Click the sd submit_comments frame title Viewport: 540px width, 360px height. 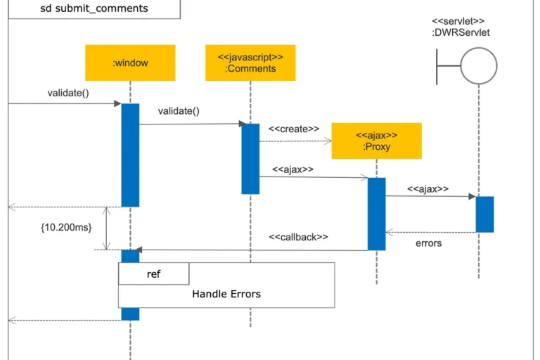pos(94,8)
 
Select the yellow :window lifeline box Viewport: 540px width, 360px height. pos(130,63)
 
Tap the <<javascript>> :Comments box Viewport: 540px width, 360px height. pos(250,63)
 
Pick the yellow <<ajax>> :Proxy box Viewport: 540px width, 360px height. pos(376,141)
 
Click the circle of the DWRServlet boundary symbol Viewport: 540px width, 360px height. pos(479,48)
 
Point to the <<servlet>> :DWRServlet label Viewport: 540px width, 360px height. pos(461,27)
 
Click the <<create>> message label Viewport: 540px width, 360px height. pos(294,129)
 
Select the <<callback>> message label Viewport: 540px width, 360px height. pos(298,237)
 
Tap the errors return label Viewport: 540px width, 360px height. pos(428,243)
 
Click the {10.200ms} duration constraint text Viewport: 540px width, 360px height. pos(66,227)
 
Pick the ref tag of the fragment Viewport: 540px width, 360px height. pos(153,274)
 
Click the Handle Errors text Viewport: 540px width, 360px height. pos(226,294)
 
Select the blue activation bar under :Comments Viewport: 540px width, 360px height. pos(250,159)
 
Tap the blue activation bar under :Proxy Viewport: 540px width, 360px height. pos(376,214)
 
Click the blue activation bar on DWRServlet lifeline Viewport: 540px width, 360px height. pos(485,214)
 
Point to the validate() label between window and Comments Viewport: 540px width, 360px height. pos(179,111)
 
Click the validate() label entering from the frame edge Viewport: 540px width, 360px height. pos(68,93)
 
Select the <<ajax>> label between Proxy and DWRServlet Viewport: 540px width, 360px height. pos(427,188)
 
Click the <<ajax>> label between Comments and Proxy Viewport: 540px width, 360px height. pos(292,169)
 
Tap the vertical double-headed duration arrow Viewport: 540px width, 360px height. pos(106,228)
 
